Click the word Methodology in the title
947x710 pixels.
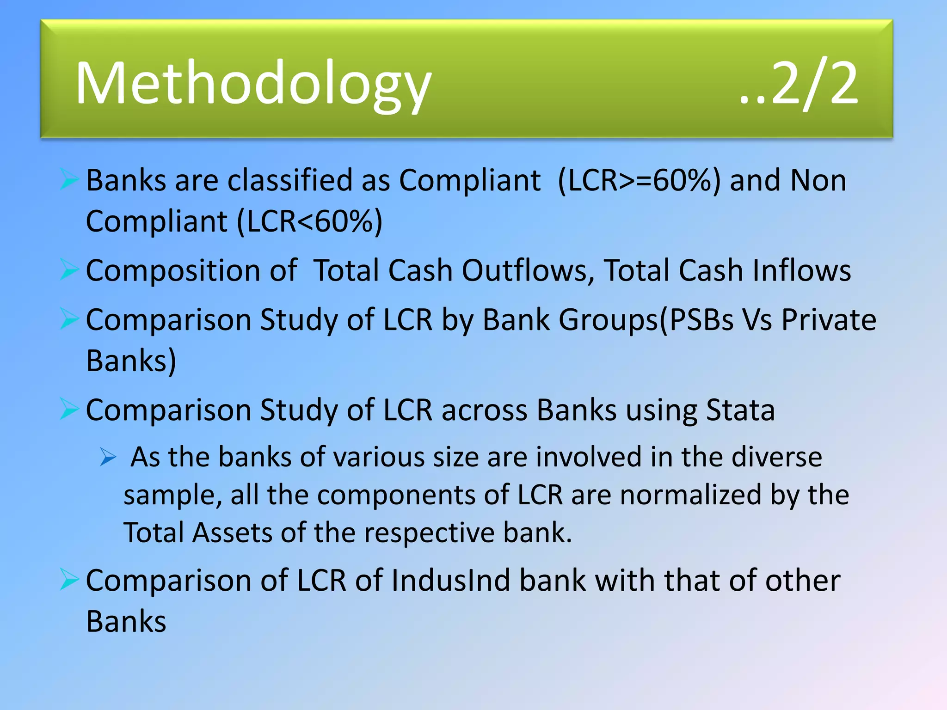pyautogui.click(x=253, y=84)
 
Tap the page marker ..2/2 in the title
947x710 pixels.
pyautogui.click(x=799, y=84)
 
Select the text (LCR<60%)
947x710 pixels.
pyautogui.click(x=310, y=221)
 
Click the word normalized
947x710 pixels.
pyautogui.click(x=690, y=495)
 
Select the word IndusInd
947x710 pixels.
pyautogui.click(x=450, y=581)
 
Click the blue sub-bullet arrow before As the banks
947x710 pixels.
pyautogui.click(x=108, y=458)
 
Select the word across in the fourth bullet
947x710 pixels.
pyautogui.click(x=484, y=410)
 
